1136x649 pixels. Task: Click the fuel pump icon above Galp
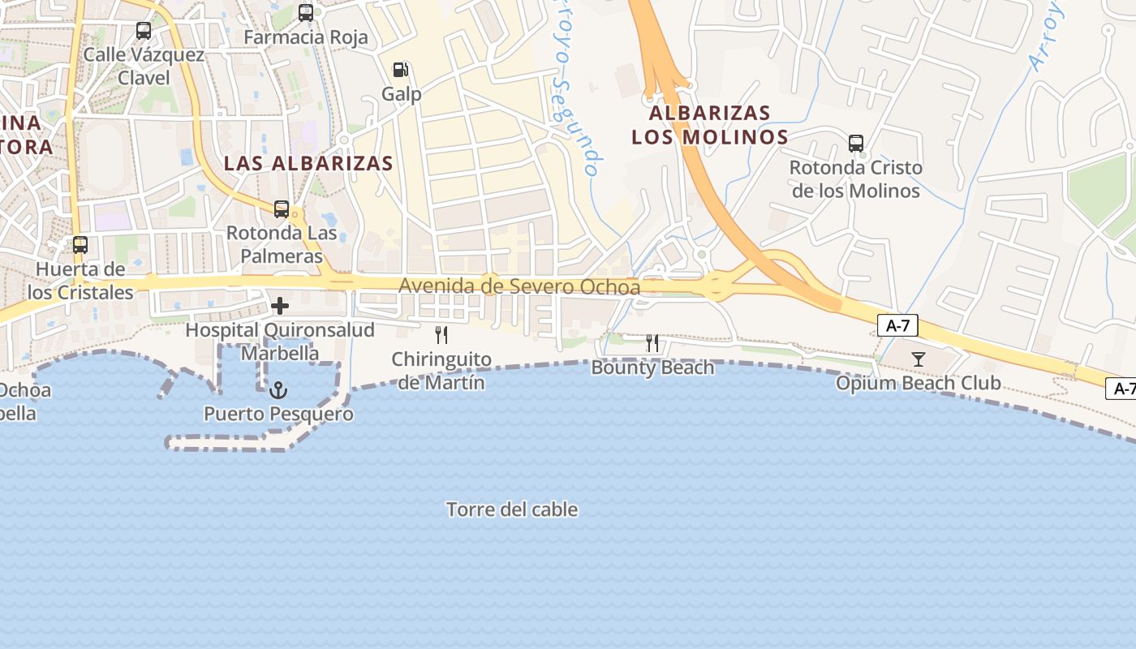click(x=400, y=70)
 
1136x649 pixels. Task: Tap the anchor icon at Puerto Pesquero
click(x=278, y=390)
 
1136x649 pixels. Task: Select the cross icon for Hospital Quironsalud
click(x=280, y=306)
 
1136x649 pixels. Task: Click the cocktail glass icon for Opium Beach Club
click(x=919, y=359)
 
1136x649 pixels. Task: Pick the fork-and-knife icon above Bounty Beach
click(x=652, y=343)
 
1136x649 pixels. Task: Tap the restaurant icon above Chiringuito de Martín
click(x=441, y=335)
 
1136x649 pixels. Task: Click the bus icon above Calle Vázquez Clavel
click(x=144, y=31)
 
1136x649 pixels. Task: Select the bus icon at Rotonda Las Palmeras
click(x=282, y=209)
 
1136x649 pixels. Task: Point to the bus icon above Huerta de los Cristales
click(x=80, y=245)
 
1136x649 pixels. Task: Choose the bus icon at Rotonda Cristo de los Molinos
click(x=856, y=144)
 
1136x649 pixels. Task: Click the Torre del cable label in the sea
click(x=512, y=509)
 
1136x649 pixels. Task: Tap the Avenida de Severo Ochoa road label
click(x=519, y=286)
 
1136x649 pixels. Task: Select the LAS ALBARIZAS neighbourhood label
click(x=308, y=163)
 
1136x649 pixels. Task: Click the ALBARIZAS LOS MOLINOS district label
click(x=710, y=124)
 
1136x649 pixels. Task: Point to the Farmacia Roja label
click(x=306, y=37)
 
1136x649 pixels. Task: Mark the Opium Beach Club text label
click(x=919, y=383)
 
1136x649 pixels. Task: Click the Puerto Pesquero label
click(x=278, y=414)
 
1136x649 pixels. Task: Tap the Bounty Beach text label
click(x=652, y=367)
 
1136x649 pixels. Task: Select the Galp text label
click(x=402, y=94)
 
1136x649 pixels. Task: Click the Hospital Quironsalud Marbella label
click(x=280, y=342)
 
